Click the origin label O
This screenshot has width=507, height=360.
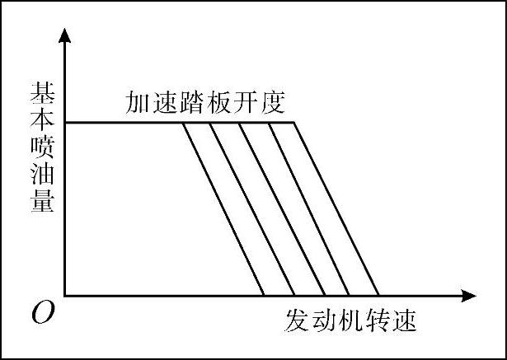click(41, 313)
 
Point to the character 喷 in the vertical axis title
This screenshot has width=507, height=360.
click(43, 145)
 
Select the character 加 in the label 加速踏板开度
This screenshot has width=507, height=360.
click(138, 103)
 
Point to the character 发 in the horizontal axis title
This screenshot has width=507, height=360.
click(299, 319)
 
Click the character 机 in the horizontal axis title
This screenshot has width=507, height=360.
click(352, 319)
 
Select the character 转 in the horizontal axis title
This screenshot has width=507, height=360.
click(379, 319)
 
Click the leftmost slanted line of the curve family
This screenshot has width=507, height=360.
click(223, 209)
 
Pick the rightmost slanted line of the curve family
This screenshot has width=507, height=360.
click(336, 209)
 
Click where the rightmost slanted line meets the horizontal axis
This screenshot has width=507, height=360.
click(378, 295)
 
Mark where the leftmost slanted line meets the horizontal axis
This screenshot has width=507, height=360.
click(264, 295)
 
